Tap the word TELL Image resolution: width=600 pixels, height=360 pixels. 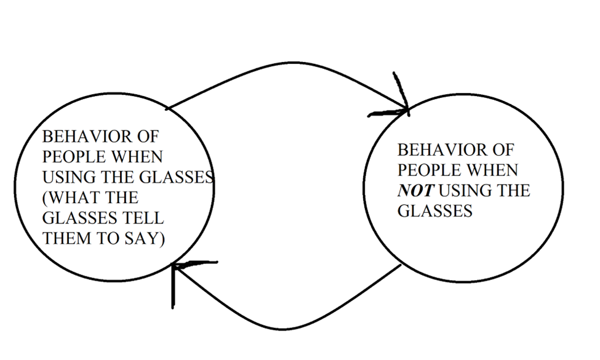pyautogui.click(x=145, y=218)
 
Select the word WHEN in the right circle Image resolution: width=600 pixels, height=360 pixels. pyautogui.click(x=496, y=170)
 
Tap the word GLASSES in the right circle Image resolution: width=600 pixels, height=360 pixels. pyautogui.click(x=434, y=211)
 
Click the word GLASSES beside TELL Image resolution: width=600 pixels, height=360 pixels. pyautogui.click(x=81, y=218)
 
